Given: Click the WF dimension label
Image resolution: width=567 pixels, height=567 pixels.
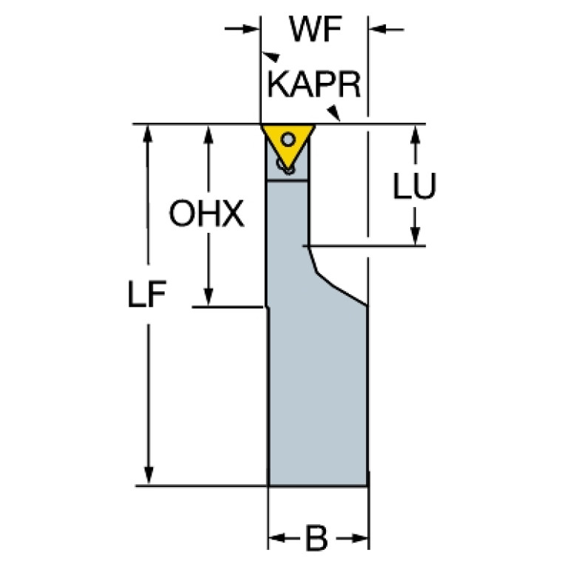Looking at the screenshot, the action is (x=316, y=30).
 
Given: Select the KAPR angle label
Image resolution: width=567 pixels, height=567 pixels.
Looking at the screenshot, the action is (x=314, y=84).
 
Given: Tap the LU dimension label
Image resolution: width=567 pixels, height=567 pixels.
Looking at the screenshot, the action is (x=415, y=186).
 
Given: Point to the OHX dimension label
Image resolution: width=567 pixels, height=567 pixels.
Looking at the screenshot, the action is (x=206, y=214).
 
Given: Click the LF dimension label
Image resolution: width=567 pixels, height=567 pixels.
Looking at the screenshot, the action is (x=147, y=294).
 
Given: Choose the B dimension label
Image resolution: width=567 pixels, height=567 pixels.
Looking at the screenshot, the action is (x=316, y=538).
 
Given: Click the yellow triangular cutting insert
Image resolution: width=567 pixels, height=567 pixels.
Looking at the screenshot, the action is (x=288, y=146).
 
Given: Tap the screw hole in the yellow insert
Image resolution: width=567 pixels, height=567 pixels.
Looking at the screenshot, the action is (x=288, y=139).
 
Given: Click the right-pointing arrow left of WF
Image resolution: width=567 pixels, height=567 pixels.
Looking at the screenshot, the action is (x=242, y=29).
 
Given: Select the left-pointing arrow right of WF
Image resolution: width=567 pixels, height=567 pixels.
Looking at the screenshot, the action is (x=387, y=30).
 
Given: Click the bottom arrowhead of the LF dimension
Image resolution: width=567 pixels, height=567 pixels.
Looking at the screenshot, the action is (x=149, y=475).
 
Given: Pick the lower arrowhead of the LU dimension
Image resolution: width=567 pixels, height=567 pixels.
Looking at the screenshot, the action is (x=415, y=236).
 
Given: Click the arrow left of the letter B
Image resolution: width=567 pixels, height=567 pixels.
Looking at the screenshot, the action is (x=285, y=538).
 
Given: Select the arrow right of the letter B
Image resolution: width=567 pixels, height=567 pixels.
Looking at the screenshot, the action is (x=352, y=538).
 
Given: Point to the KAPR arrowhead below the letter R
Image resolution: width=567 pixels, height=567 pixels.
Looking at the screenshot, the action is (x=334, y=112).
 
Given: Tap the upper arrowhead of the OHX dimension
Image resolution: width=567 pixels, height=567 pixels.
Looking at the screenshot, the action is (x=208, y=134).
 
